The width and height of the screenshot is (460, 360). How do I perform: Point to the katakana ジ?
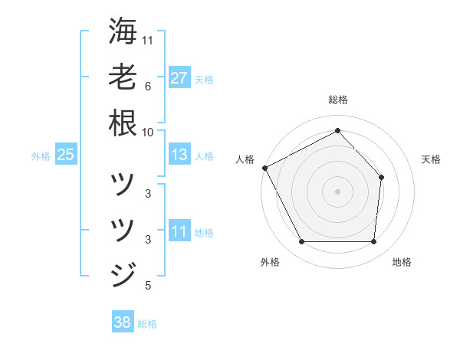(x=123, y=273)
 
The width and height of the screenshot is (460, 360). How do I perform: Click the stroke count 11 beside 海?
(x=149, y=39)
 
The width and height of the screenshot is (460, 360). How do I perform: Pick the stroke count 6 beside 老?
(x=148, y=87)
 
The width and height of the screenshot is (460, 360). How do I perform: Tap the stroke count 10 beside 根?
(x=149, y=132)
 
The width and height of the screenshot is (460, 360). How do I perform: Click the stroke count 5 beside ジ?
(x=148, y=286)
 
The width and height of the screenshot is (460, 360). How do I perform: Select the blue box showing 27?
(x=179, y=78)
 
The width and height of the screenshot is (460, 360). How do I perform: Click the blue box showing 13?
(x=179, y=155)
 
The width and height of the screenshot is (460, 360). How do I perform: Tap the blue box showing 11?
(x=179, y=231)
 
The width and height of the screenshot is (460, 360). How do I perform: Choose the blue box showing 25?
(x=65, y=155)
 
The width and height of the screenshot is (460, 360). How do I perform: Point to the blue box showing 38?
(x=123, y=322)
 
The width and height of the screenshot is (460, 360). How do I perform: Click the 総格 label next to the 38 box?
(x=147, y=324)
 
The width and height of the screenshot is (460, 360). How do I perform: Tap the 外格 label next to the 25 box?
(x=41, y=156)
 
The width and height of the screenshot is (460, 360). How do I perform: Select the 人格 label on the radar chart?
(x=245, y=159)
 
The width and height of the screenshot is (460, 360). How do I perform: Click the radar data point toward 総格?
(x=337, y=131)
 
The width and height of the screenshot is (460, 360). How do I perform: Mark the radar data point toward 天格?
(x=382, y=177)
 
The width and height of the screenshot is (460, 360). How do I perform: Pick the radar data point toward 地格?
(x=373, y=242)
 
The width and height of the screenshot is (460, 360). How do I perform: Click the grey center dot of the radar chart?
(x=337, y=191)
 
